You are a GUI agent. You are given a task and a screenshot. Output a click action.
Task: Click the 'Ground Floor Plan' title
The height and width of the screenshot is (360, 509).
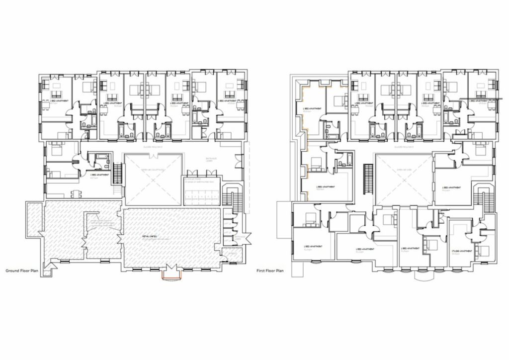[21, 271]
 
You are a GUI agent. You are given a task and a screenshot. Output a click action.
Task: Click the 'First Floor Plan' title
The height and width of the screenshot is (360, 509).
[270, 271]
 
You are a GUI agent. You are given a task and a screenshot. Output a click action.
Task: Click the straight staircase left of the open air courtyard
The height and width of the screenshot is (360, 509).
[118, 174]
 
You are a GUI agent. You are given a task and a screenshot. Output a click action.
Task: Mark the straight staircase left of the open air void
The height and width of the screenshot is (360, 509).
[368, 175]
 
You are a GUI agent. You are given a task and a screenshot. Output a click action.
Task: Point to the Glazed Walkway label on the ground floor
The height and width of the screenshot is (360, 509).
[153, 148]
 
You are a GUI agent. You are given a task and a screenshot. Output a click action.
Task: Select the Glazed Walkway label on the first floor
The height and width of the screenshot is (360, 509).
[402, 147]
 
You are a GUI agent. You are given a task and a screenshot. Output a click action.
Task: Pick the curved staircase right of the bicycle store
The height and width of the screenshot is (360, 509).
[229, 196]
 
